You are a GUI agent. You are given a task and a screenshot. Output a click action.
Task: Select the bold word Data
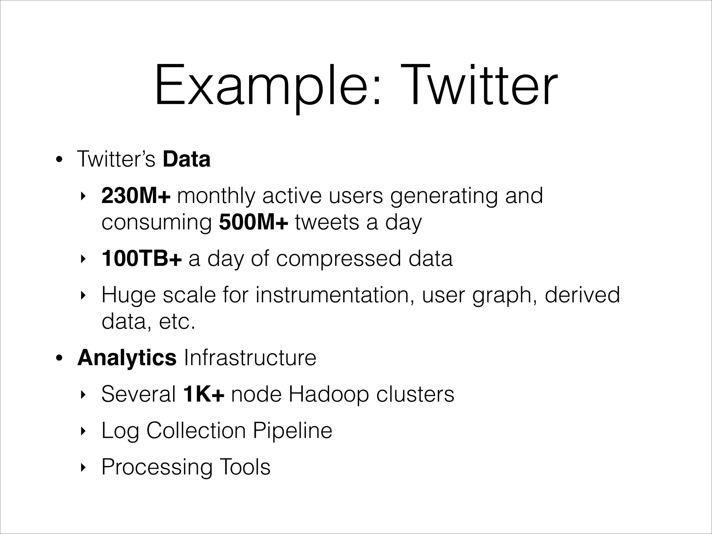point(186,159)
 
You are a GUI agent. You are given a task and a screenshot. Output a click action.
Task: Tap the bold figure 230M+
point(136,196)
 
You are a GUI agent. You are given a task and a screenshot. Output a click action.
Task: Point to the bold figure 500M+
point(253,222)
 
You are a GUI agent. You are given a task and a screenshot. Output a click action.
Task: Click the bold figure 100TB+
point(141,259)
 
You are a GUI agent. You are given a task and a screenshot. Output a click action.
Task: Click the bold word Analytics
point(127,358)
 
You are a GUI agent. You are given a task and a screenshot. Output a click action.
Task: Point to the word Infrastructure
point(250,358)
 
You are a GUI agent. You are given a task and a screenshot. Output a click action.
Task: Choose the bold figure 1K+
point(204,394)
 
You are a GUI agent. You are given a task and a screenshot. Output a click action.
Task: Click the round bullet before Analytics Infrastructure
point(59,358)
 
